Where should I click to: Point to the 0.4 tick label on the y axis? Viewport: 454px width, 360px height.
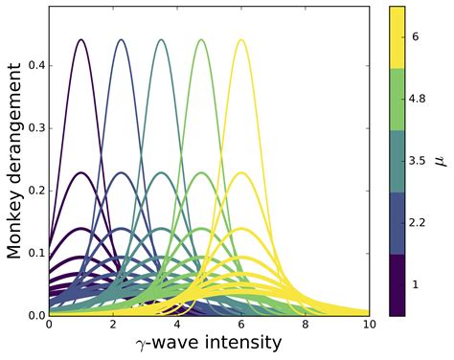pyautogui.click(x=35, y=66)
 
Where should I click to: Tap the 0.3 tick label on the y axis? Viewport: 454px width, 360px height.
pyautogui.click(x=35, y=128)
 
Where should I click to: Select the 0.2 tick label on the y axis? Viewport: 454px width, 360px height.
pyautogui.click(x=35, y=191)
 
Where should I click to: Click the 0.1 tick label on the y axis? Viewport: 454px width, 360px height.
pyautogui.click(x=35, y=253)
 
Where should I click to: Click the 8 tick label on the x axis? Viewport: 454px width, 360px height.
pyautogui.click(x=306, y=326)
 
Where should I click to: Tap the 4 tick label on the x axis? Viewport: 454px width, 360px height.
pyautogui.click(x=177, y=326)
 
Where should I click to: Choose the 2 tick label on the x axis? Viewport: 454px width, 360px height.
pyautogui.click(x=113, y=326)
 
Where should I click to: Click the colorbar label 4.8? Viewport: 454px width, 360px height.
pyautogui.click(x=418, y=98)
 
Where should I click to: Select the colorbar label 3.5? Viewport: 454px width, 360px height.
pyautogui.click(x=418, y=161)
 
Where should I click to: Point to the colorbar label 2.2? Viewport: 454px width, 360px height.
pyautogui.click(x=418, y=223)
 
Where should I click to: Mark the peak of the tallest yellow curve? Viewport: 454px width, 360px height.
pyautogui.click(x=241, y=40)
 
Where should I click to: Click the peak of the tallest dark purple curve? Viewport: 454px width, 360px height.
pyautogui.click(x=80, y=40)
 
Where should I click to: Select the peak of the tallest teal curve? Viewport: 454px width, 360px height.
pyautogui.click(x=161, y=40)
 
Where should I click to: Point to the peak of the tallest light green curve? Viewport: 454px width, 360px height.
pyautogui.click(x=201, y=40)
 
